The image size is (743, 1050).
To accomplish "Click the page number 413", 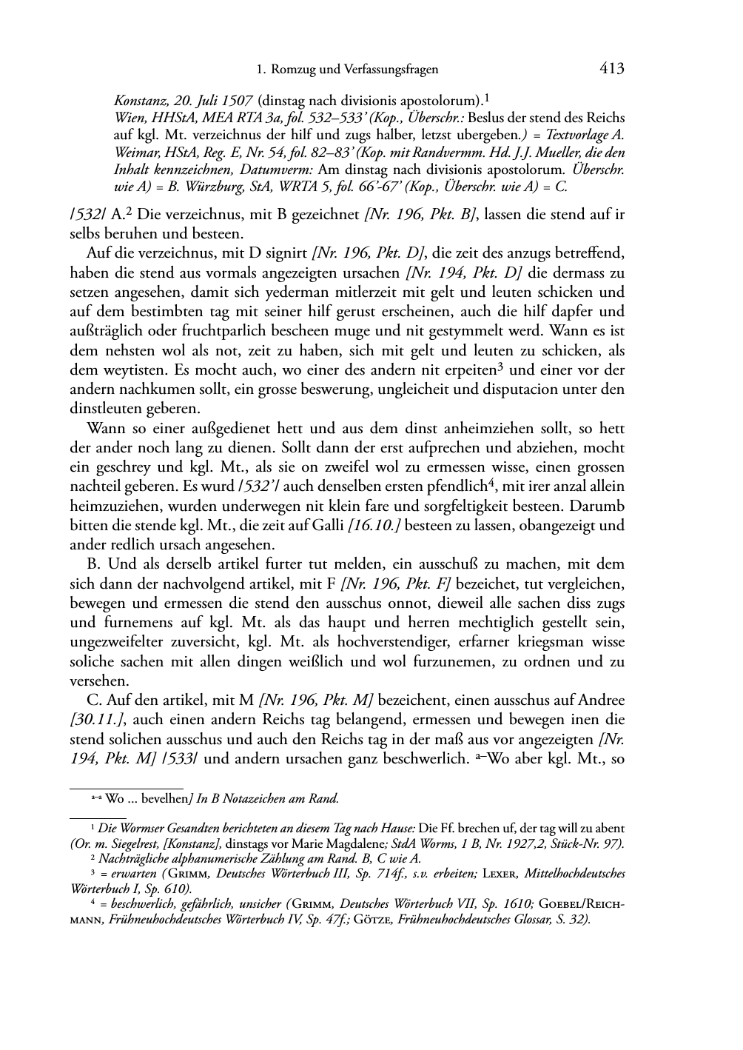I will click(612, 69).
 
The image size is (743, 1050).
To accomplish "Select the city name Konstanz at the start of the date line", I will click(138, 99).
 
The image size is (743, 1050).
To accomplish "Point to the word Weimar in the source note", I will click(134, 153).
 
